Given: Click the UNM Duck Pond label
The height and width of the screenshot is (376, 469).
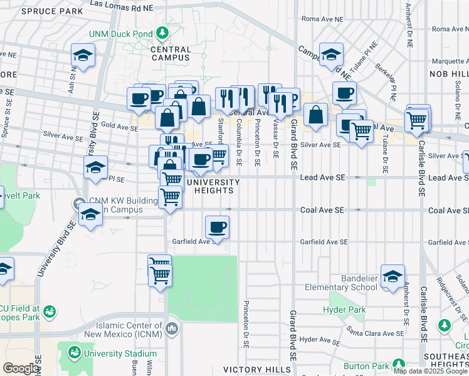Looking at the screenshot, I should (x=122, y=33).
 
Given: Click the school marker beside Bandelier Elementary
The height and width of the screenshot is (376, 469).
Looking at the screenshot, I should (x=393, y=276).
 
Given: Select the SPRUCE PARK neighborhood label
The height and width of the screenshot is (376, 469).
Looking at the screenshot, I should (x=51, y=11).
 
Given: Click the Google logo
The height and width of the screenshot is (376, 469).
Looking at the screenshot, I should (x=21, y=368).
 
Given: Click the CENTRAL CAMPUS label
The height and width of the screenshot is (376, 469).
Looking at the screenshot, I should (x=171, y=54).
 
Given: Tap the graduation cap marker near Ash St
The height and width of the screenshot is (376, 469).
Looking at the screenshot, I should (x=83, y=56).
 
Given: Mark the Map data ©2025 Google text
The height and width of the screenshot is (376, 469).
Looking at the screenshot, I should (x=430, y=371).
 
